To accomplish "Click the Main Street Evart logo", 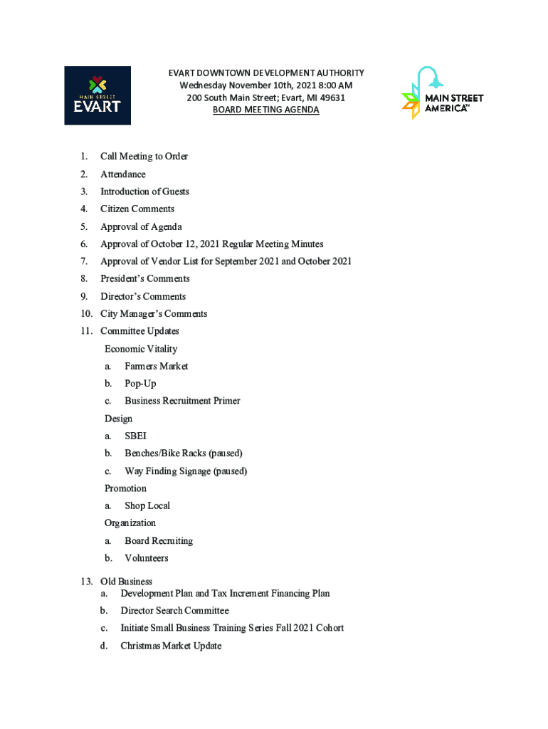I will (x=98, y=95).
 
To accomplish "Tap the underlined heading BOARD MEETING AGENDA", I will (x=265, y=110).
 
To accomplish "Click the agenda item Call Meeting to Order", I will (x=144, y=157).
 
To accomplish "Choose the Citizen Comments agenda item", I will (x=137, y=209).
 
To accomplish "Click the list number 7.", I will (x=84, y=261).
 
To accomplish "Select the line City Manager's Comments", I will (x=154, y=314).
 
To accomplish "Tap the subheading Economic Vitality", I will (x=141, y=349).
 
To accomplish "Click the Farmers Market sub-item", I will (x=157, y=367).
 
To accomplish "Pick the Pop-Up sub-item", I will (x=140, y=384).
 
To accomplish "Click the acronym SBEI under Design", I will (x=135, y=436).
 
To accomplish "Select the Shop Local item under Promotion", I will (x=147, y=506).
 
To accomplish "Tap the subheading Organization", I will (x=130, y=523).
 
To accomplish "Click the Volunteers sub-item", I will (x=147, y=559).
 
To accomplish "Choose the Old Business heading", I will (x=126, y=582).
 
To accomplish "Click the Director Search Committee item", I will (x=174, y=611).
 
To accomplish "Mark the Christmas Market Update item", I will (x=171, y=646).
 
